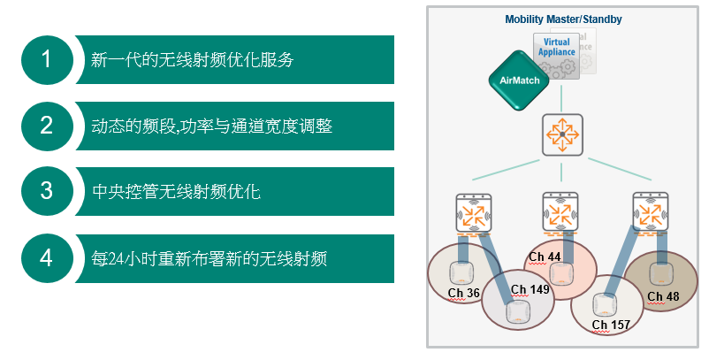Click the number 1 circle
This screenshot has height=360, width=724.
[47, 60]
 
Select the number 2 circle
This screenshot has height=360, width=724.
[47, 126]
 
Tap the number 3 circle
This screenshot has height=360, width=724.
[47, 191]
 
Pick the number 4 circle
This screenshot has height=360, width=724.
[47, 258]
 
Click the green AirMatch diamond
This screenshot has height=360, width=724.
[520, 80]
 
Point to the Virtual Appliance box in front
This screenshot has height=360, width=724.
[556, 56]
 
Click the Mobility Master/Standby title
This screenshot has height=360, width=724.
[563, 19]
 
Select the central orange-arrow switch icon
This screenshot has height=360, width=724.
[562, 134]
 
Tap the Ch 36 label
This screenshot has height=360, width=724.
[463, 293]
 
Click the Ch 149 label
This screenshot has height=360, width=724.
[530, 289]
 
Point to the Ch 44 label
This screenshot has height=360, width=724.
[545, 257]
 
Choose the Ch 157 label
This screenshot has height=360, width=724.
[611, 325]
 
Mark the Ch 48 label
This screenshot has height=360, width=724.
[663, 296]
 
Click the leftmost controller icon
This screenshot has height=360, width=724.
[474, 213]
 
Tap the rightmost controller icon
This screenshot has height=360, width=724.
[651, 212]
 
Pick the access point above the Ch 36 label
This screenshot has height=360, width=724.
[460, 273]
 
